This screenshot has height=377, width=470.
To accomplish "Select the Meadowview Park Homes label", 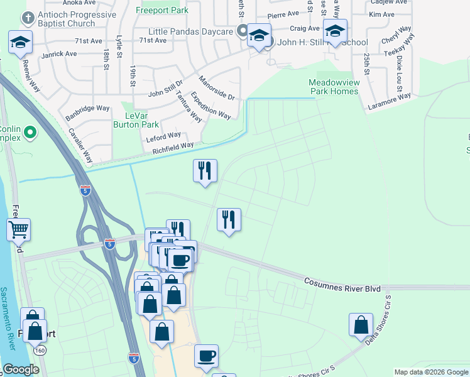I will (333, 87).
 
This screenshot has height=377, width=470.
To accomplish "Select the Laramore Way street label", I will (389, 101).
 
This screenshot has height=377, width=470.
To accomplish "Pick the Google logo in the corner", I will (21, 369).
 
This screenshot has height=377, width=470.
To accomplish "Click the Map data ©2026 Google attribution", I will (430, 372).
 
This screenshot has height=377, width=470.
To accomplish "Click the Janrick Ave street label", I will (58, 54).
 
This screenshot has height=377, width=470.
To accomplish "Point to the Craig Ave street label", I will (305, 28).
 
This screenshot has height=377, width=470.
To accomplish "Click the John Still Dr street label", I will (165, 87).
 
